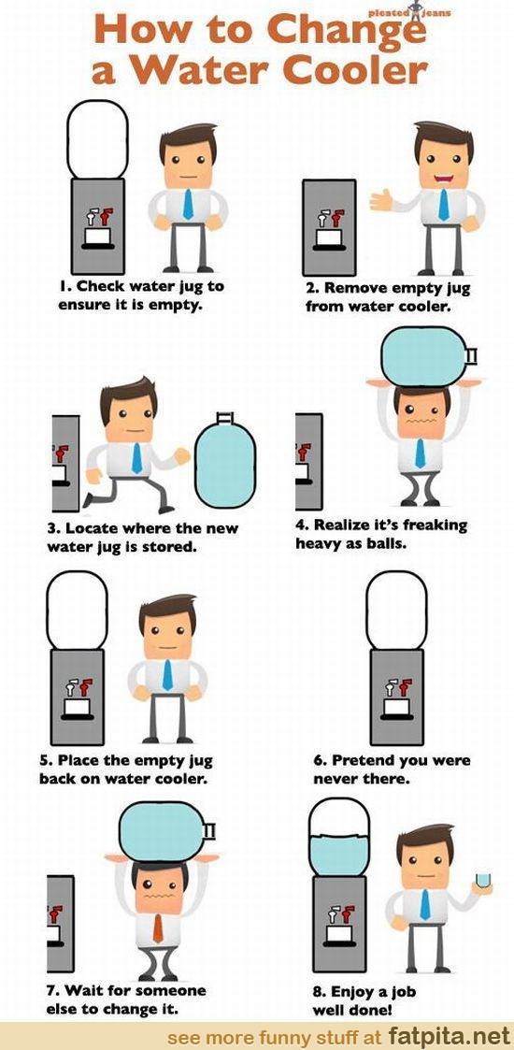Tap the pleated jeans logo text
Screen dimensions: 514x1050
[x=409, y=12]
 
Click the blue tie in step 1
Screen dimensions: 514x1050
[x=188, y=204]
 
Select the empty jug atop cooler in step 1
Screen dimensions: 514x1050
[x=98, y=139]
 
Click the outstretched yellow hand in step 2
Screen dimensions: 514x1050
[x=380, y=199]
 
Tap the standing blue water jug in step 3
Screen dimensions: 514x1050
[x=225, y=459]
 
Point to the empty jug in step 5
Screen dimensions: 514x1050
[x=77, y=610]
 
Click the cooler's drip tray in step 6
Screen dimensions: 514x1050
[x=397, y=713]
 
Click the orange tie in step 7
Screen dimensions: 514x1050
[x=157, y=928]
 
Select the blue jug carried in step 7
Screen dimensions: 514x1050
[x=167, y=832]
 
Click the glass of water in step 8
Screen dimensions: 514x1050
[x=482, y=880]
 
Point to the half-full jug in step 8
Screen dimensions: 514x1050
[x=338, y=838]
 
